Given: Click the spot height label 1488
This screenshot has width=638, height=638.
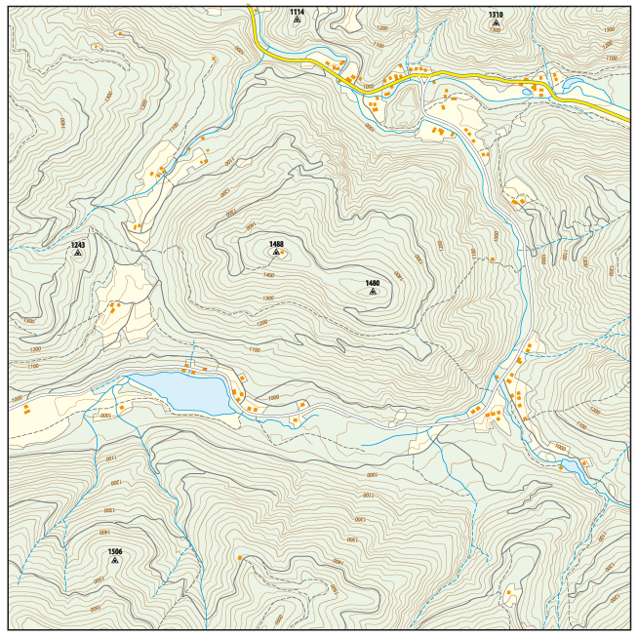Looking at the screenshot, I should tap(276, 244).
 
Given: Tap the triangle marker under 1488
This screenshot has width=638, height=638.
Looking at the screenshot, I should tap(276, 253).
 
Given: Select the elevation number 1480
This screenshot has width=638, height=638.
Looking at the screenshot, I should tap(372, 283).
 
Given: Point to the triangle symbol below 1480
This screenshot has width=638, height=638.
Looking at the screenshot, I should tap(373, 291).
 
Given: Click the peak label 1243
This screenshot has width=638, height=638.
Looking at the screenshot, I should tap(78, 245).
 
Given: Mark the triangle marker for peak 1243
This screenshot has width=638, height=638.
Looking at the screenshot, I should tap(78, 253).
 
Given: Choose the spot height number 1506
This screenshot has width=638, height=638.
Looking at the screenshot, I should tap(114, 551).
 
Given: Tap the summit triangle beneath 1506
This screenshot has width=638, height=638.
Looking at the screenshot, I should tap(114, 560).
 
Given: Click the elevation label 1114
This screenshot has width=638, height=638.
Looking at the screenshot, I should tap(297, 12).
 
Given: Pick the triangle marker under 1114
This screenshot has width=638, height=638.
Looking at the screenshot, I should tap(297, 20).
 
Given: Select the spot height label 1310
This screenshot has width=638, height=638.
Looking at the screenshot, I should tap(496, 15).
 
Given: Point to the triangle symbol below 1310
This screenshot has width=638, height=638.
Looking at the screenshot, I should tap(496, 22).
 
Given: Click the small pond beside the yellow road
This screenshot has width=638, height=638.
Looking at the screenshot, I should tap(527, 93).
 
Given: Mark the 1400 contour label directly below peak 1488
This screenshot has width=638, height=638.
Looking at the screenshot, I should tap(268, 275).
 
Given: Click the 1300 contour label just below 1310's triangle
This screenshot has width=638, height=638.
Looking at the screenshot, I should tap(495, 31).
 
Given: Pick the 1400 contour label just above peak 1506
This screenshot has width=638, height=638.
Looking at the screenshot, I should tap(103, 533).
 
